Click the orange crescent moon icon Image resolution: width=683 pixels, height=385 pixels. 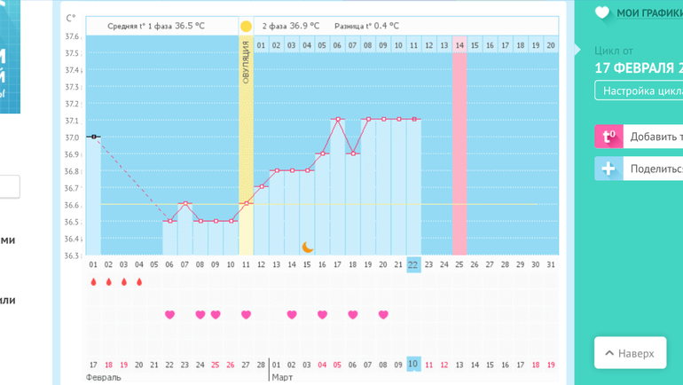click(x=308, y=247)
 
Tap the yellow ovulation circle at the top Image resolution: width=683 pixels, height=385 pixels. click(x=246, y=26)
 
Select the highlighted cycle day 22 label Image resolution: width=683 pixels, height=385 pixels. click(x=413, y=264)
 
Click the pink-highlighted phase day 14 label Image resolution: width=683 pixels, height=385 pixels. click(x=459, y=44)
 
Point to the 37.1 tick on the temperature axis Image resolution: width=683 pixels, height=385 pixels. click(x=72, y=121)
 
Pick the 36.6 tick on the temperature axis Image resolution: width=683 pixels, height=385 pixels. click(x=72, y=205)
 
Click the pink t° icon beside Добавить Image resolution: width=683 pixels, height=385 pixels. click(x=608, y=137)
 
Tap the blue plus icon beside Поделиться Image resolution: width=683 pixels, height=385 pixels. click(x=608, y=169)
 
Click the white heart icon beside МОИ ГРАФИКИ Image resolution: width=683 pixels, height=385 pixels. click(x=602, y=12)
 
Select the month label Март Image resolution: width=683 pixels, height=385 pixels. click(x=283, y=377)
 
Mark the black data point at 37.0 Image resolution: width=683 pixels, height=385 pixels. click(x=93, y=137)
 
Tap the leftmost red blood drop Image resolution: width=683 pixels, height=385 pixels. click(x=93, y=282)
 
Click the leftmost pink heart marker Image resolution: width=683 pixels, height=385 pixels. click(x=169, y=315)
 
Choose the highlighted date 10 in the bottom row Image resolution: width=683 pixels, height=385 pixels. click(x=413, y=364)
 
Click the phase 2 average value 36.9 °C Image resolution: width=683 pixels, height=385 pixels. click(x=303, y=26)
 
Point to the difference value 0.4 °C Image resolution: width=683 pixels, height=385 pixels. click(x=378, y=26)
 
